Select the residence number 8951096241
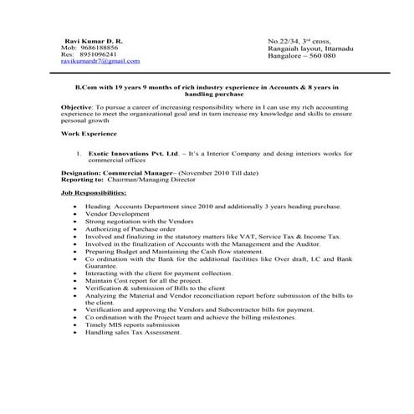(x=100, y=54)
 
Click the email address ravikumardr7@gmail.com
(x=100, y=61)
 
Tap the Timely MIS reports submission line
(x=138, y=325)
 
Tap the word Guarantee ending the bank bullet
(x=101, y=265)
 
